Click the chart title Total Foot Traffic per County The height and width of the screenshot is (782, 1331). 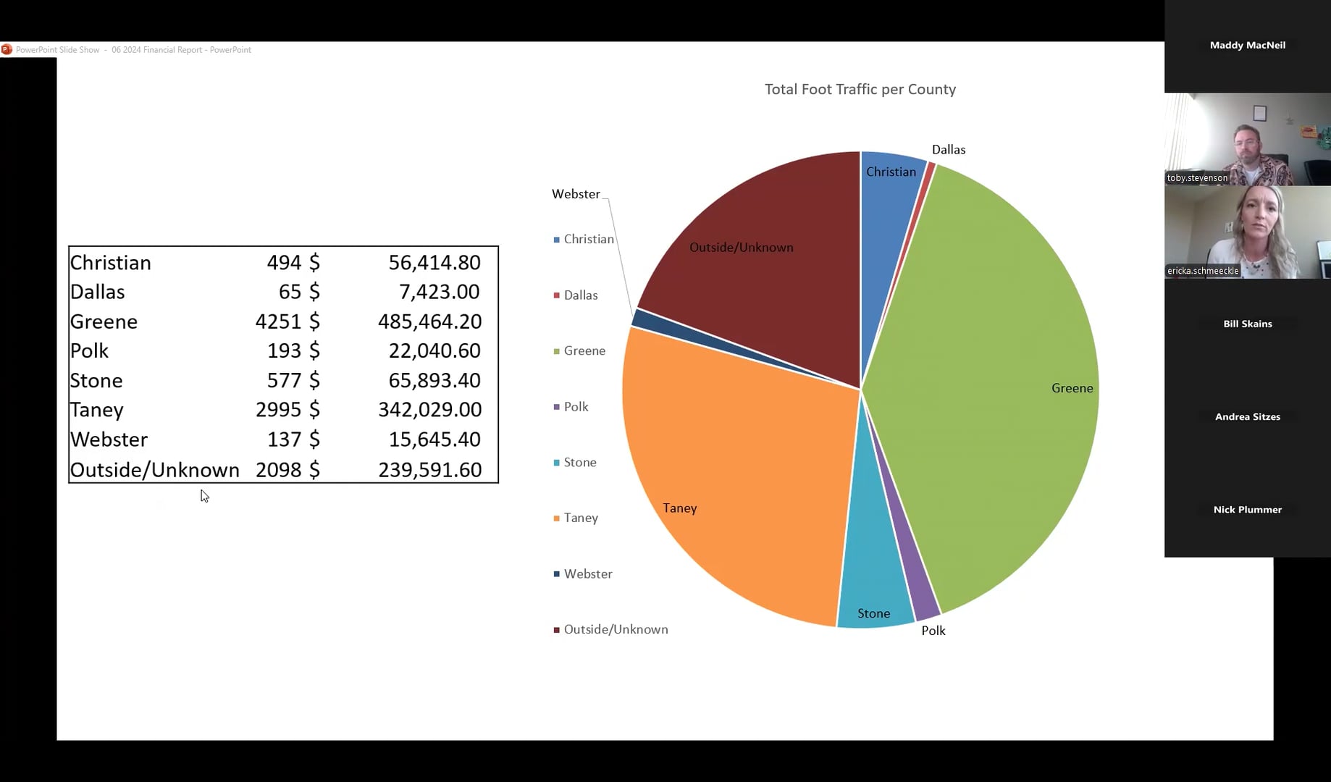860,89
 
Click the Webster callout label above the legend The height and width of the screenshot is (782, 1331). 576,194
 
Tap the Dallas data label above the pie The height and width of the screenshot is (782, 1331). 948,150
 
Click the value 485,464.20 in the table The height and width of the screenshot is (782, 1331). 429,321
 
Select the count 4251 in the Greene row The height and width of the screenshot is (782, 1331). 277,321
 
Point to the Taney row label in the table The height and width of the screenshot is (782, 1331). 97,410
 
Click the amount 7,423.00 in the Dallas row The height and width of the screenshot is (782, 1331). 439,292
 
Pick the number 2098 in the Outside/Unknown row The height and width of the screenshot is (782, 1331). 277,470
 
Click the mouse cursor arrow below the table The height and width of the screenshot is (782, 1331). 204,496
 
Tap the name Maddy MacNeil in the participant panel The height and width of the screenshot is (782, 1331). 1247,45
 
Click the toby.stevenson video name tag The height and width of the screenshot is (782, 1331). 1197,178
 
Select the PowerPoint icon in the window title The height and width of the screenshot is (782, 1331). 7,50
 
